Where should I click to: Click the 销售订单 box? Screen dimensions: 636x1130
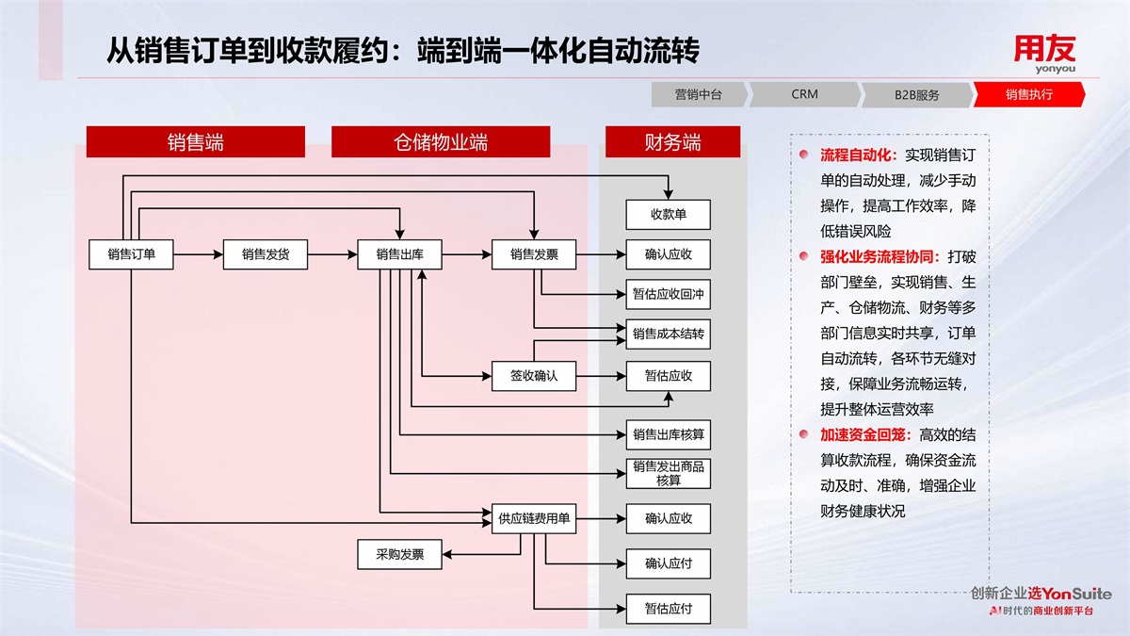(x=131, y=254)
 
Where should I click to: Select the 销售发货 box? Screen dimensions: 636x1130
(x=266, y=254)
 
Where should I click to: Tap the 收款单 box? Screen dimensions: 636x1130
(x=669, y=215)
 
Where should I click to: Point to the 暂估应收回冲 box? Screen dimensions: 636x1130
(x=669, y=295)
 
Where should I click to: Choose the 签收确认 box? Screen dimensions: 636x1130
(x=534, y=376)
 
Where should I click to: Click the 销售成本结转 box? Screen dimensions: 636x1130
(x=669, y=334)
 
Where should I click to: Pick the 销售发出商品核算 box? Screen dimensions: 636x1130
(x=669, y=473)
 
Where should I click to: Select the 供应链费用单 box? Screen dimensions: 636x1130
(x=534, y=518)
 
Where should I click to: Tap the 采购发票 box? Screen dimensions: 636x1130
(x=399, y=555)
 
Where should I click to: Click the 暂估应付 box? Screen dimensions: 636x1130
(x=669, y=609)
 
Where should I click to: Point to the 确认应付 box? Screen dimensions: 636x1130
(x=669, y=563)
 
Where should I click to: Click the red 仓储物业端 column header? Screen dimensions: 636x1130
(x=441, y=142)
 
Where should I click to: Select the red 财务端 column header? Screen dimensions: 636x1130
(x=672, y=142)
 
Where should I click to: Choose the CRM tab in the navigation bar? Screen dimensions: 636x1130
(x=805, y=94)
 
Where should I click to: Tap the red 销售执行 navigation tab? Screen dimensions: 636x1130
(x=1028, y=94)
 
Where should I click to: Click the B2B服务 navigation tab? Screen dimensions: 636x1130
(x=916, y=94)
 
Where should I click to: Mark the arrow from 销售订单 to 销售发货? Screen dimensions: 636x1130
(x=198, y=254)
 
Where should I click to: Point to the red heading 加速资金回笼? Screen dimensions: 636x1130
(x=863, y=434)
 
